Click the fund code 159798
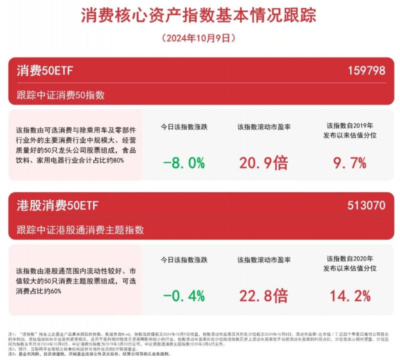tap(366, 70)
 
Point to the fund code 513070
tap(366, 205)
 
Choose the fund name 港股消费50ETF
tap(57, 205)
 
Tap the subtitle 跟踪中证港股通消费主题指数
tap(80, 230)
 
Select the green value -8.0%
tap(183, 163)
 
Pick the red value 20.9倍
tap(264, 163)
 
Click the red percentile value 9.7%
tap(349, 163)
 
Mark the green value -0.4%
tap(183, 296)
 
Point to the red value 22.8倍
tap(264, 296)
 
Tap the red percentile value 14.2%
tap(349, 296)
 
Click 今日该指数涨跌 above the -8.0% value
tap(183, 126)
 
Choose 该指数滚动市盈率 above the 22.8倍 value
tap(264, 259)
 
